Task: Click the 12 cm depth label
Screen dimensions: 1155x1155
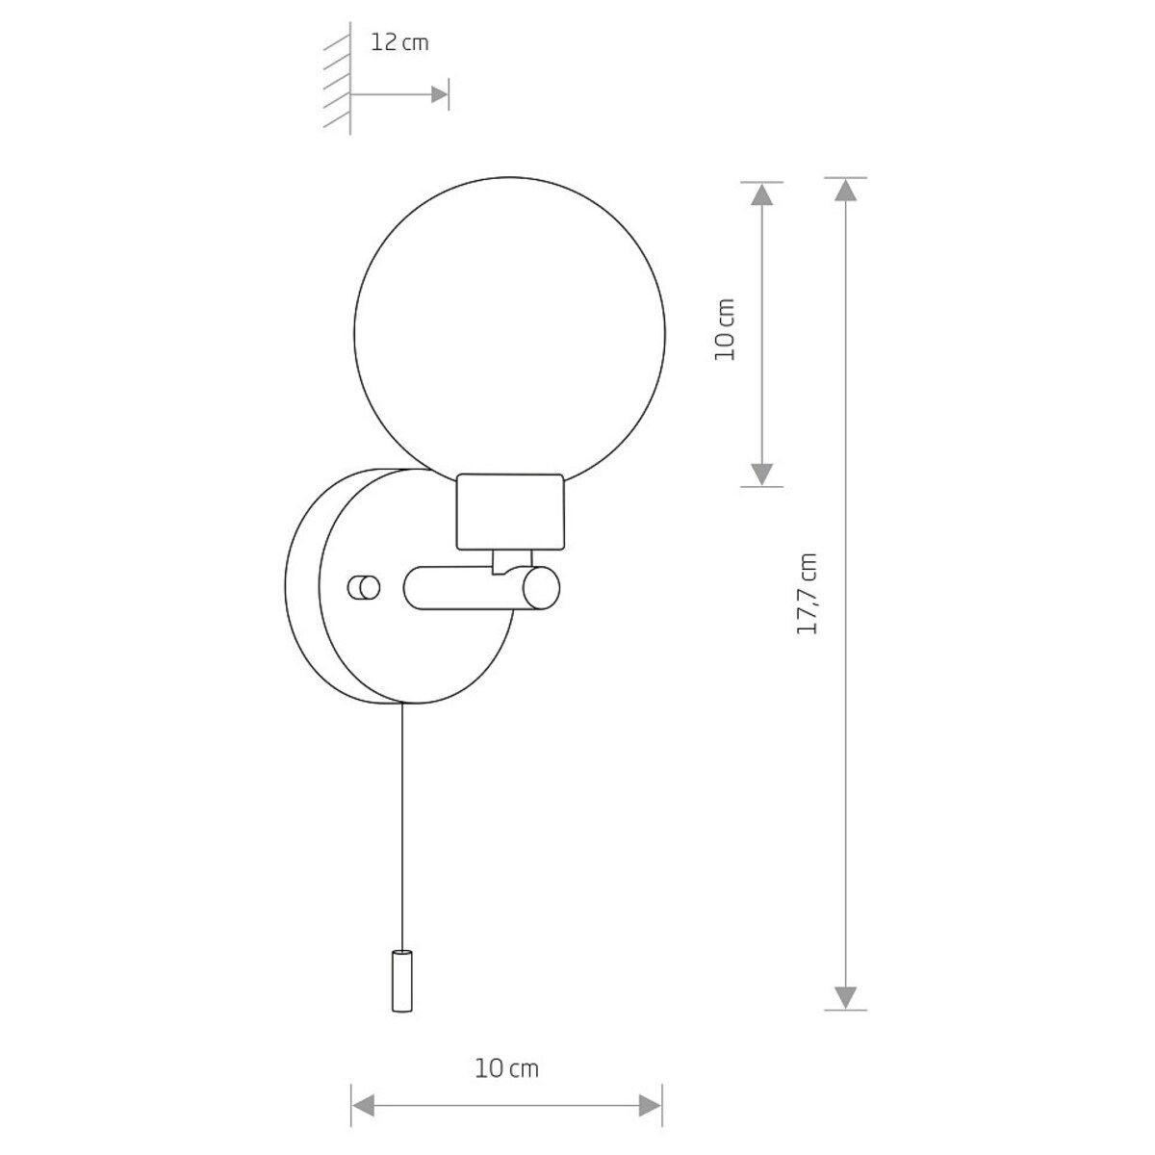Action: [399, 43]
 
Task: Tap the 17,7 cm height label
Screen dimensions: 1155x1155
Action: [808, 593]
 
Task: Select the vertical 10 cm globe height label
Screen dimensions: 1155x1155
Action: [725, 329]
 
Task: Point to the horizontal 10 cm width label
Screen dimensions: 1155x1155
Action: [506, 1068]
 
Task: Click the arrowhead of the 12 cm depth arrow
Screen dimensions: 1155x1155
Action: [440, 94]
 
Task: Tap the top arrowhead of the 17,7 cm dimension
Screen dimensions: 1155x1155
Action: [845, 190]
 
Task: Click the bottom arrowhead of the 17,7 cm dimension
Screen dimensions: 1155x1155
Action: [845, 997]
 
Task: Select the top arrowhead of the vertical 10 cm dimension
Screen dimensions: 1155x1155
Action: [761, 194]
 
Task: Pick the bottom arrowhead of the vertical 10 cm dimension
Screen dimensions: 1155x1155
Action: [761, 474]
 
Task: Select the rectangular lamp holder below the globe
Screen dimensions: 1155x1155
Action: [510, 511]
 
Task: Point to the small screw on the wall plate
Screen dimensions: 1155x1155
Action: [364, 587]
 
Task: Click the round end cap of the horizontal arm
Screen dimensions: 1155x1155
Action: [540, 588]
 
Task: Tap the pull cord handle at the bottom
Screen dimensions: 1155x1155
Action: [401, 983]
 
